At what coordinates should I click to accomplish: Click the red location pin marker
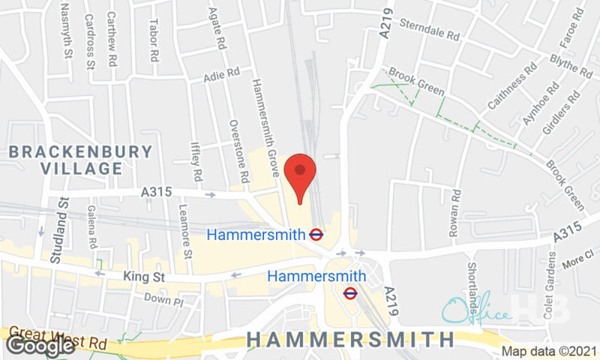[x=300, y=175]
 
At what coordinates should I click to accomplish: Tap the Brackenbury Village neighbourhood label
[x=81, y=160]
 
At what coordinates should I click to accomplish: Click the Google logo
[x=40, y=345]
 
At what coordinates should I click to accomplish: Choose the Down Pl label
[x=163, y=301]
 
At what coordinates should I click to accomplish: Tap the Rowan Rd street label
[x=454, y=214]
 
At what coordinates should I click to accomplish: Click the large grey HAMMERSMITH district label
[x=350, y=339]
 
